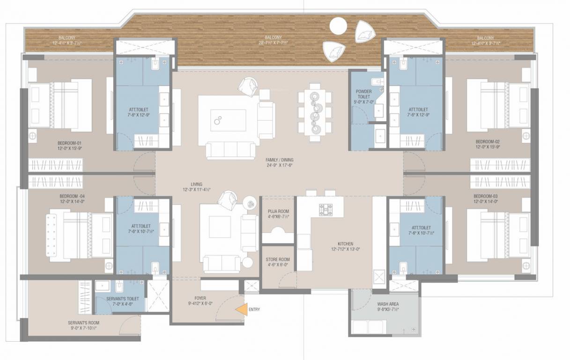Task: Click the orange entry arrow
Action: click(242, 309)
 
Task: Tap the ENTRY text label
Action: click(254, 309)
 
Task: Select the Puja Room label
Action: click(278, 211)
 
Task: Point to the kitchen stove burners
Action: click(325, 209)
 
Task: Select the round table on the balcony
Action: click(337, 25)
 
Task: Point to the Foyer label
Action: click(200, 298)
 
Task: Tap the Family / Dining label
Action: click(279, 160)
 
